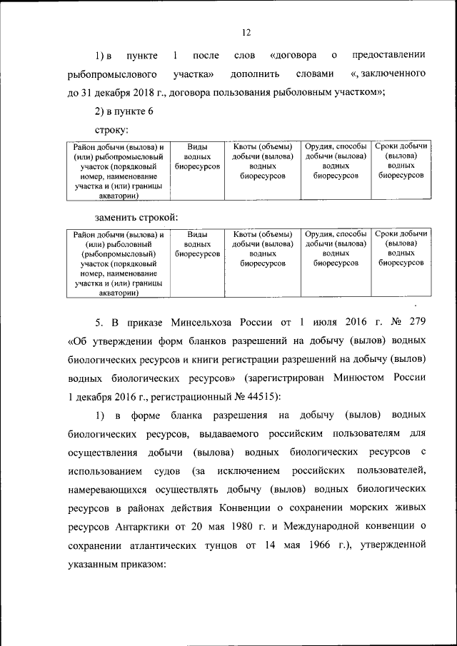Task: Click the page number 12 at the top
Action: [x=246, y=33]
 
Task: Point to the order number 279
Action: [x=417, y=321]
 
